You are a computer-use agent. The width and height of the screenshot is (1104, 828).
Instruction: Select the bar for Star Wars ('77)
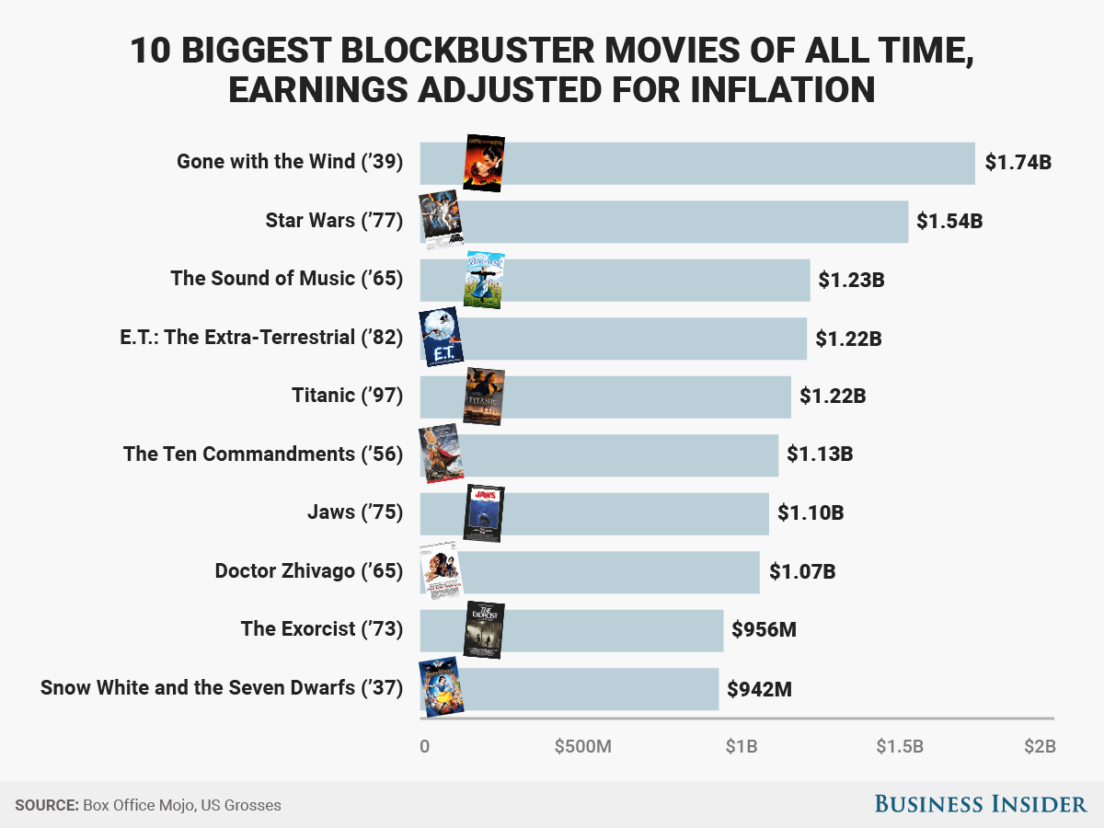681,222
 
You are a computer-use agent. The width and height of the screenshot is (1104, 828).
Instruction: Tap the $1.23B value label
851,280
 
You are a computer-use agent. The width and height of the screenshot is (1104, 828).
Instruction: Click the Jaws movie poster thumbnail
484,513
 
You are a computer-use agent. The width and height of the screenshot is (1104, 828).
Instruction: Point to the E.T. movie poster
441,339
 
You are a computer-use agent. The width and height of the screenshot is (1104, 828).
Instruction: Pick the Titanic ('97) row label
347,396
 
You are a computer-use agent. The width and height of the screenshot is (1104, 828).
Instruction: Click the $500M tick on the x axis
582,746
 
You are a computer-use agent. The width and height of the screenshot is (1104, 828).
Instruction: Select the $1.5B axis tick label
900,746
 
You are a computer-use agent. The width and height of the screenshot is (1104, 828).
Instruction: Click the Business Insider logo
980,804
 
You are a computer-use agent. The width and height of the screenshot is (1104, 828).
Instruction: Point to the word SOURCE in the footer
46,805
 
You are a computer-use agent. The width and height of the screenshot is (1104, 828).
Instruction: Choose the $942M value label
760,688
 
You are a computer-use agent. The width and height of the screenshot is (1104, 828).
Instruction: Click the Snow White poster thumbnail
441,688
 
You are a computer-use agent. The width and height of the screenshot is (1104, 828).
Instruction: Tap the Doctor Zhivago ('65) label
309,571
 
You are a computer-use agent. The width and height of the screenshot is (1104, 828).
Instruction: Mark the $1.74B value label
1018,163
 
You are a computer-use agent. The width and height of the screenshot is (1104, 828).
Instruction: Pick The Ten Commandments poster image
441,454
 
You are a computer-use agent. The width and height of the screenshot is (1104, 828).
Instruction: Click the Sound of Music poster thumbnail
484,280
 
